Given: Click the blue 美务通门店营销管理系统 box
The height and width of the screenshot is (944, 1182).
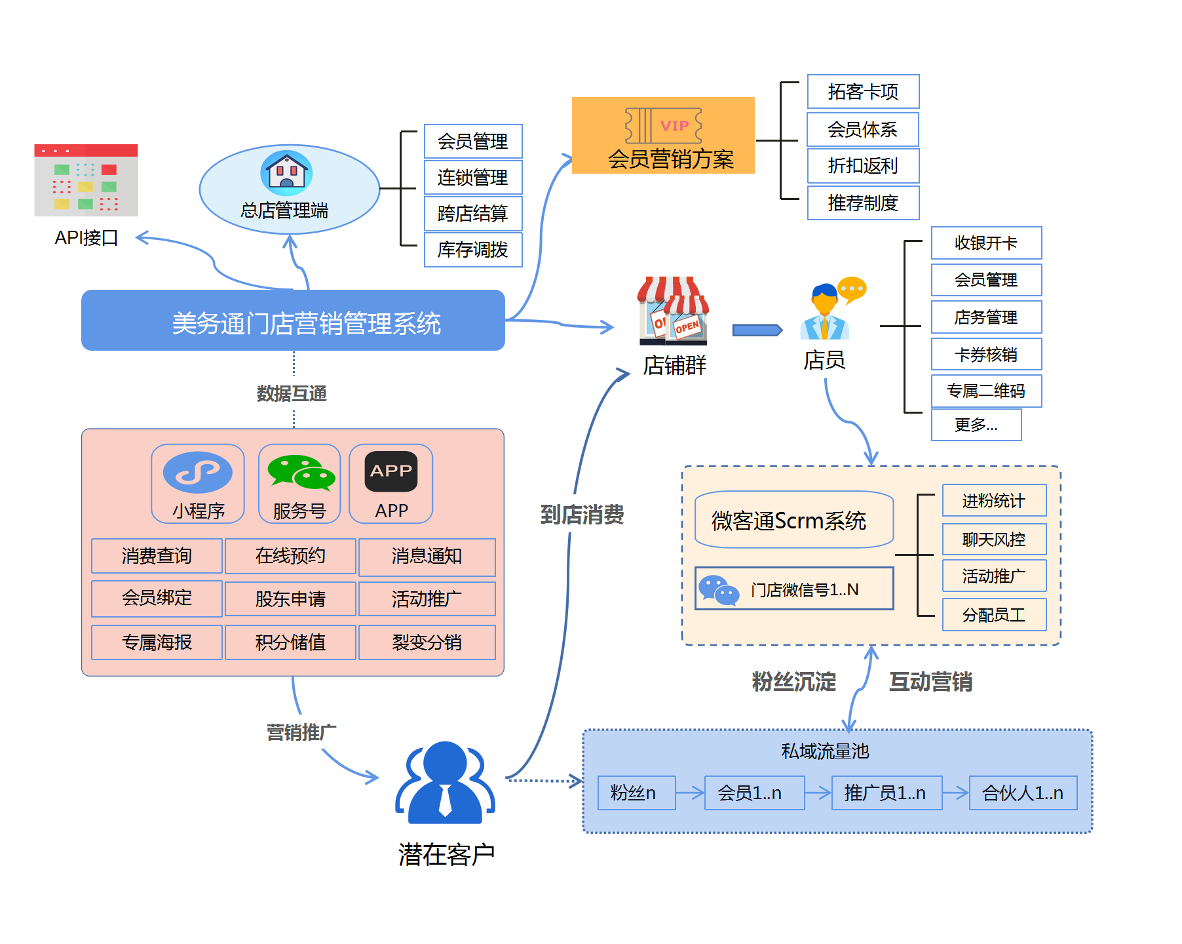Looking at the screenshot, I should click(x=293, y=321).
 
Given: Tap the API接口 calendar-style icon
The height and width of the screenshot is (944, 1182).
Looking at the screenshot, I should click(x=86, y=180).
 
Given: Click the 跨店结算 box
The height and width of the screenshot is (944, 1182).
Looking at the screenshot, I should click(x=473, y=214).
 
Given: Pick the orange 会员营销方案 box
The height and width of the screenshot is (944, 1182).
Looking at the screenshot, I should click(x=663, y=136).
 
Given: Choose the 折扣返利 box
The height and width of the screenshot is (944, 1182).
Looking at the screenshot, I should click(x=863, y=166).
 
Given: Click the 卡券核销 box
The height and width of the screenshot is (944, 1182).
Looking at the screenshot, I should click(x=986, y=355).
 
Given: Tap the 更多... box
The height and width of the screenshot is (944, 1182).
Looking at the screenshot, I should click(x=976, y=425).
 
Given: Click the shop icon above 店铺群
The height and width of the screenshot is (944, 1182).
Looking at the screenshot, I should click(x=673, y=311).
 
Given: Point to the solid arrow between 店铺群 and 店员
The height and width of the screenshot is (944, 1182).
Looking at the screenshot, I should click(x=757, y=330).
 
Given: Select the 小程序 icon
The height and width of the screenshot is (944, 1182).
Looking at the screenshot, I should click(x=197, y=473).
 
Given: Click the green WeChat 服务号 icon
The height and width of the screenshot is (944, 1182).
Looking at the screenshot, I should click(x=301, y=473).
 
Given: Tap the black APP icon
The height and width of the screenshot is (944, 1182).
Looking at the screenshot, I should click(x=391, y=471).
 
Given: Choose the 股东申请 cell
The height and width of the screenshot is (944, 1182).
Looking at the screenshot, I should click(x=290, y=599).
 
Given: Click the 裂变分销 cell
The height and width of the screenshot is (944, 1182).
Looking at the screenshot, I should click(x=427, y=642).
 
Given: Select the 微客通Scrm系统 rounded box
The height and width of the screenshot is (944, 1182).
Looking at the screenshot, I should click(x=793, y=520).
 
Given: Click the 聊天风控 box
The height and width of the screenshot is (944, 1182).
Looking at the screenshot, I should click(x=994, y=539).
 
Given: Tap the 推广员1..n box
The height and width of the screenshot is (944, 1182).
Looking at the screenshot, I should click(x=886, y=793).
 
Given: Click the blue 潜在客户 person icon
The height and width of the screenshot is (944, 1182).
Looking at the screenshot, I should click(x=445, y=783).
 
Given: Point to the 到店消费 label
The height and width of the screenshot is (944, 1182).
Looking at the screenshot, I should click(x=582, y=515).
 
